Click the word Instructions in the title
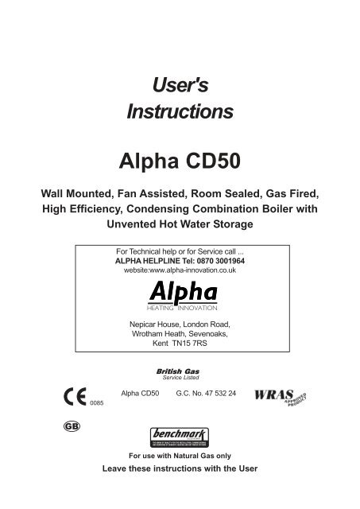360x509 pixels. (180, 111)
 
